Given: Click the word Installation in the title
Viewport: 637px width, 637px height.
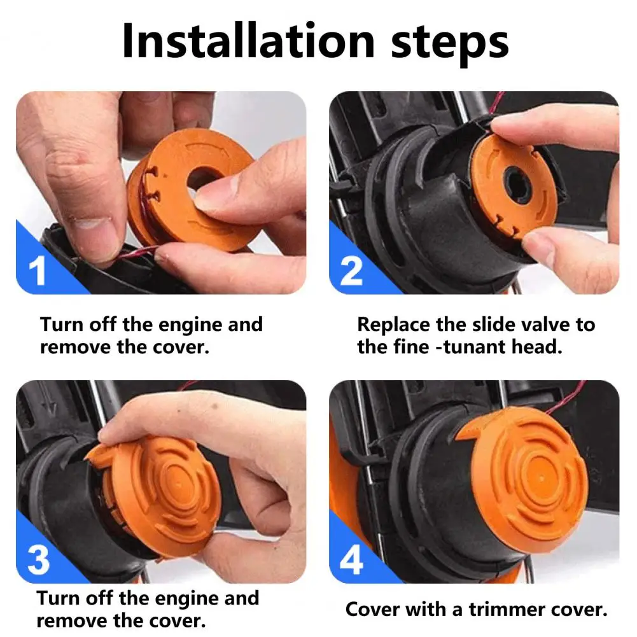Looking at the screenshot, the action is pos(248,41).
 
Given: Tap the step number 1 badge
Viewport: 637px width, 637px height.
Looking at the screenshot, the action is pos(37,271).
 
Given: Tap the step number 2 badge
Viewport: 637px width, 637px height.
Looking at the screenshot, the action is pos(351,271).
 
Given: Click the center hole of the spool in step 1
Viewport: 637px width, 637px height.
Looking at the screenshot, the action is pos(203,178).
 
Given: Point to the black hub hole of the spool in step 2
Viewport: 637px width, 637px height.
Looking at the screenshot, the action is pos(517,186).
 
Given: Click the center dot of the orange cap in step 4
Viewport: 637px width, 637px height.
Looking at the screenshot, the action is pos(542,478).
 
